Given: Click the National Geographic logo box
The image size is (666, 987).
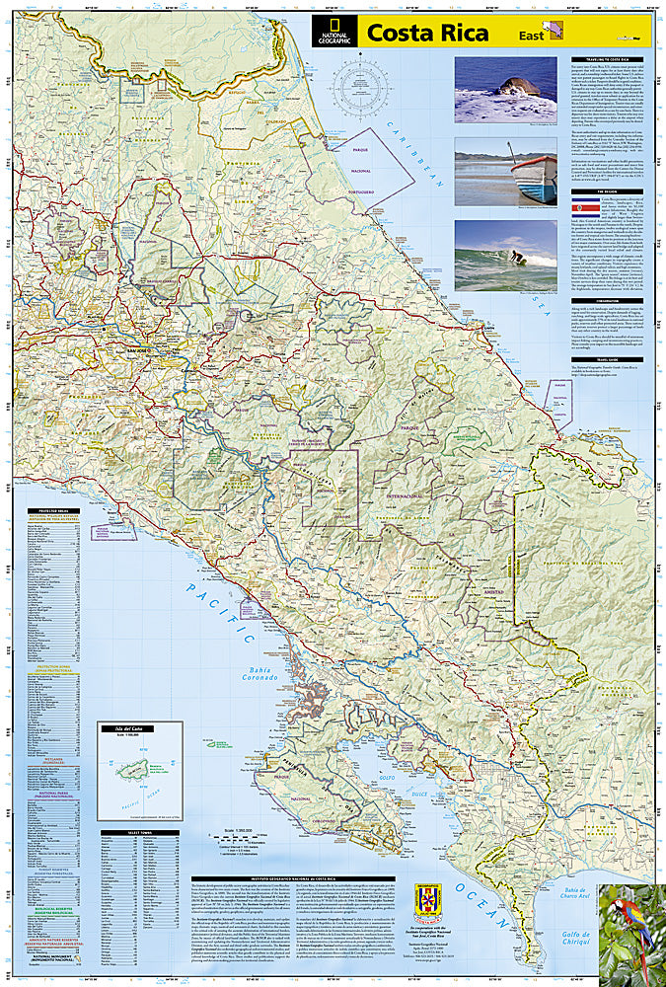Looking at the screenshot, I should click(335, 32).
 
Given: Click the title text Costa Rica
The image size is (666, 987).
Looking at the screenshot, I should click(426, 33).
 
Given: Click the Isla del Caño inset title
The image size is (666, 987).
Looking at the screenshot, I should click(138, 729).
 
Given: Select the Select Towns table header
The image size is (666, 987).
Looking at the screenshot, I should click(139, 833).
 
